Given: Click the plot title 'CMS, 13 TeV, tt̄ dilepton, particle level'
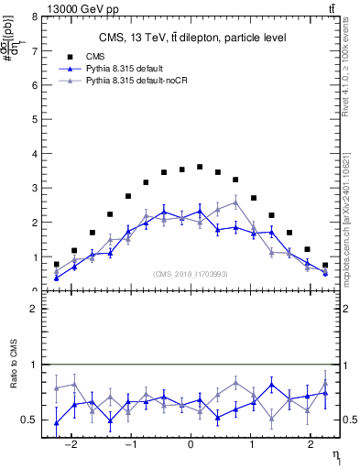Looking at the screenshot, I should click(191, 38).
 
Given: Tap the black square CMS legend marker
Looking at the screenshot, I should click(63, 56).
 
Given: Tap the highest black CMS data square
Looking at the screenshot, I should click(200, 167).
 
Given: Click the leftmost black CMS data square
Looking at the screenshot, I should click(56, 264).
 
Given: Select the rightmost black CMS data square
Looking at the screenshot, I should click(325, 265).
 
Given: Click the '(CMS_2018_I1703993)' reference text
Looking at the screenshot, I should click(191, 274).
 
